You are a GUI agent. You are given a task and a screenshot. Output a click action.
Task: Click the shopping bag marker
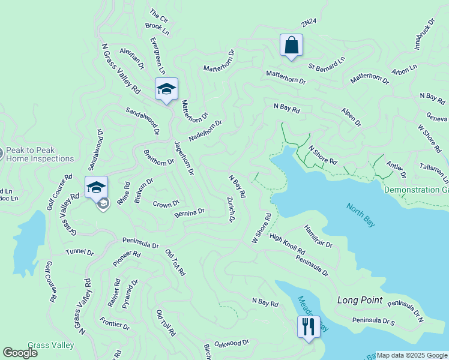tap(291, 45)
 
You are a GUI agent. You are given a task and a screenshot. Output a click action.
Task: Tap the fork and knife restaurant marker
tap(308, 327)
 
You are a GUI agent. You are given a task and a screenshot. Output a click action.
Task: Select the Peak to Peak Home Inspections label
tap(40, 155)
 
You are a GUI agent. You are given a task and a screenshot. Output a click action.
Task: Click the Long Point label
tap(360, 299)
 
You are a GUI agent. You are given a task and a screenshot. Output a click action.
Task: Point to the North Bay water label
tap(361, 215)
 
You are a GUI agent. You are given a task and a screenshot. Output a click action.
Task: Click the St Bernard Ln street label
tap(327, 61)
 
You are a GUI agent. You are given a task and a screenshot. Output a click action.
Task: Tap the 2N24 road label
tap(309, 22)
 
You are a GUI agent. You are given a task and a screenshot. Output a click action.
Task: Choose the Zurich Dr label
tap(231, 209)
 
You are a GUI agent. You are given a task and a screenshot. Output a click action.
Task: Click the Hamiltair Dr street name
tap(318, 236)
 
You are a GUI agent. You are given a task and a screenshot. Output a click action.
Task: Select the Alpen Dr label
tap(351, 118)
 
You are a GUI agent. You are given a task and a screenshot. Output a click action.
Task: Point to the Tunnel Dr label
tap(80, 253)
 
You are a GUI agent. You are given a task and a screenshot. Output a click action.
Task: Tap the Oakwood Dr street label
tap(232, 343)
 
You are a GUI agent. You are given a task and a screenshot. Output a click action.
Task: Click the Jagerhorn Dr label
tap(183, 158)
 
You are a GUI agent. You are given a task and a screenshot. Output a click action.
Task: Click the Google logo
tap(20, 353)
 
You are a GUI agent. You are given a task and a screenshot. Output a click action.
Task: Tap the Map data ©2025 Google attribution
tap(412, 355)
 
